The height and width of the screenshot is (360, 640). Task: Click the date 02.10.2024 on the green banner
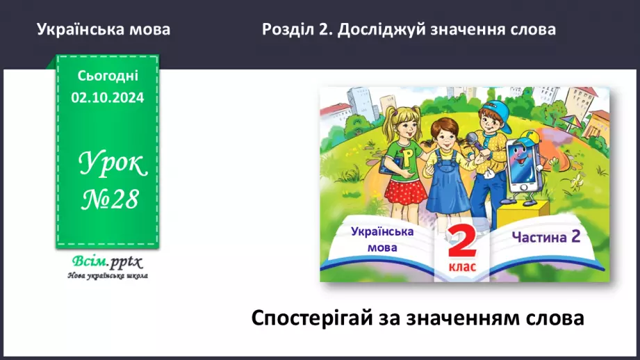[x=107, y=98]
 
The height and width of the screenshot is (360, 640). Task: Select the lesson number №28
[x=108, y=199]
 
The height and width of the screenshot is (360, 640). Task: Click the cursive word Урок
[x=111, y=165]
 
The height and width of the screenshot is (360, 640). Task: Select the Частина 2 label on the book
[x=545, y=236]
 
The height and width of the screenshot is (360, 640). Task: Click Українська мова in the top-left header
[x=104, y=30]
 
